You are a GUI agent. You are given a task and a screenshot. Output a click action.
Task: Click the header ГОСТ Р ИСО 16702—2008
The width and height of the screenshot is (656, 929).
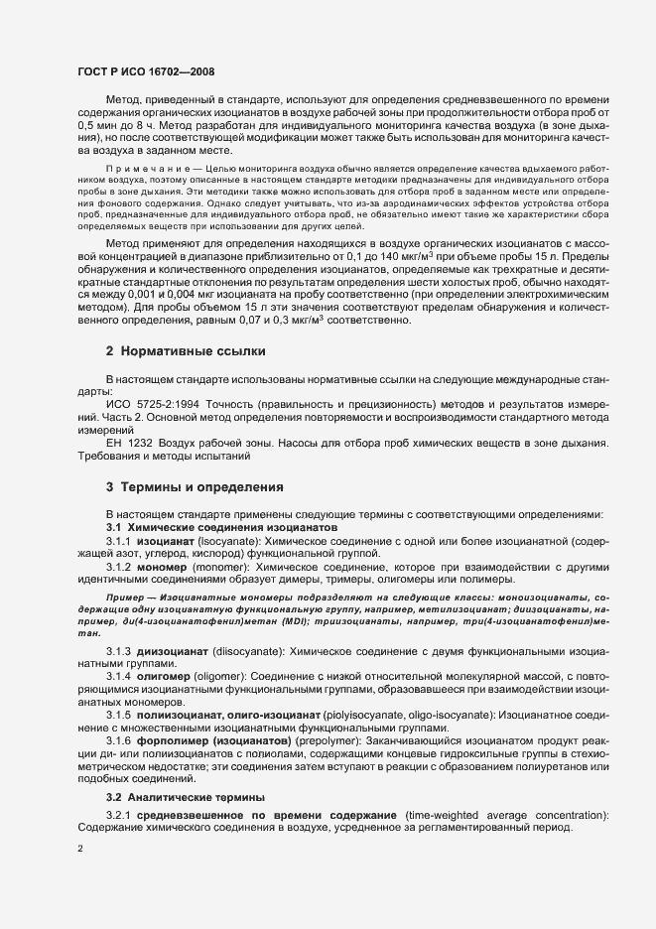coord(145,72)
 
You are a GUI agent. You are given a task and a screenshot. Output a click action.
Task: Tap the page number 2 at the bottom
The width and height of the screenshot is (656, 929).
coord(80,848)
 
